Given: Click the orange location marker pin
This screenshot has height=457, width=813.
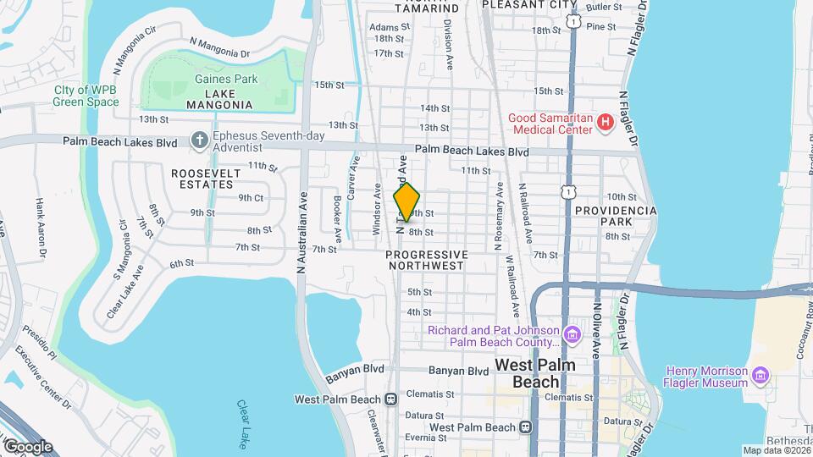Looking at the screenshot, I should pyautogui.click(x=407, y=201).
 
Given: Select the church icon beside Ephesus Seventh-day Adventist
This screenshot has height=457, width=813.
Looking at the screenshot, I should pyautogui.click(x=199, y=139).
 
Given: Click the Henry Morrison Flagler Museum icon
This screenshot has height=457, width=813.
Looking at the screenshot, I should pyautogui.click(x=760, y=374).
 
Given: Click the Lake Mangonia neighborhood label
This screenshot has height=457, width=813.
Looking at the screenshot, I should pyautogui.click(x=217, y=98).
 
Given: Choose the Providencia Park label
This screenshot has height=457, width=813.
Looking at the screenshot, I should pyautogui.click(x=616, y=215).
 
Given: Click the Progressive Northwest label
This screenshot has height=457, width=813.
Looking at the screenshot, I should pyautogui.click(x=426, y=260).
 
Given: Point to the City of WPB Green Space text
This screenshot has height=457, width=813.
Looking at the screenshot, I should pyautogui.click(x=86, y=96).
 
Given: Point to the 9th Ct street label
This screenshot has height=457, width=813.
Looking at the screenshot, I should pyautogui.click(x=251, y=197).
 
